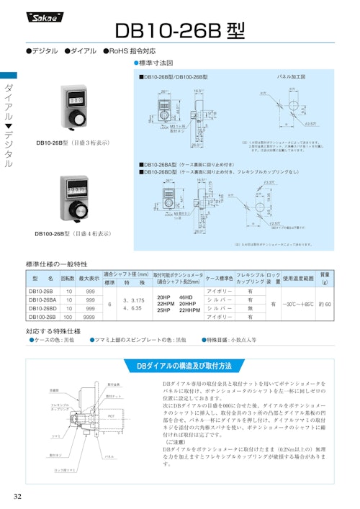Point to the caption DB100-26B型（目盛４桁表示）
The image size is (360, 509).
click(73, 234)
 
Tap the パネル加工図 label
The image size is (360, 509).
click(292, 76)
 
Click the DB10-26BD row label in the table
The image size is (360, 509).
click(42, 307)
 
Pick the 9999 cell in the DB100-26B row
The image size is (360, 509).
click(89, 317)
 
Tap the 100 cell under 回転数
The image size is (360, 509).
click(68, 317)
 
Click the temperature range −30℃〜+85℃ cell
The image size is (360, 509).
click(297, 303)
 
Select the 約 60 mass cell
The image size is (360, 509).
click(325, 303)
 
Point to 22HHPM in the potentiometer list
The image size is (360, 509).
click(191, 310)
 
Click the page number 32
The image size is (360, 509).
click(17, 497)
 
